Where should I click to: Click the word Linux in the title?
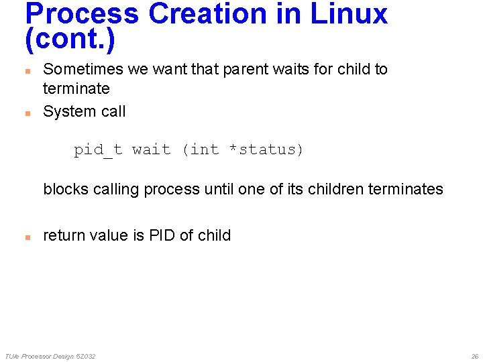coord(349,13)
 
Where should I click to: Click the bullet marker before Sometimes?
coord(28,70)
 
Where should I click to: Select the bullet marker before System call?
coord(28,113)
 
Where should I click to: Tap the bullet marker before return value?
coord(28,237)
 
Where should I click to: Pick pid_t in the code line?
coord(98,149)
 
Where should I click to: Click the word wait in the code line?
coord(152,149)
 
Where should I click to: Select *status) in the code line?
coord(266,149)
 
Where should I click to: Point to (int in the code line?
coord(201,149)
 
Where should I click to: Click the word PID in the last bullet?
coord(162,235)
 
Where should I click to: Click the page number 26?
coord(474,356)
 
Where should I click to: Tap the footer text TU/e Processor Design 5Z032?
coord(50,356)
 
